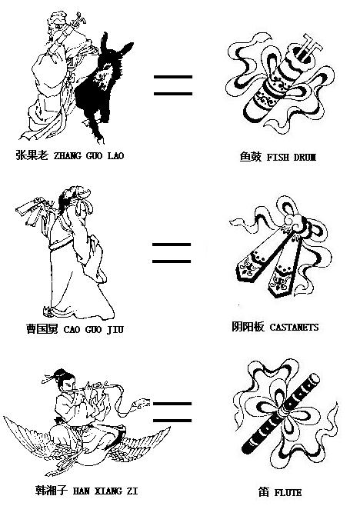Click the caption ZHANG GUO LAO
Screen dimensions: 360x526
[89, 155]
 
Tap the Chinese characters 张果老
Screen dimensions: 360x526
[32, 155]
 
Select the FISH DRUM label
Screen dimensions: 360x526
[292, 157]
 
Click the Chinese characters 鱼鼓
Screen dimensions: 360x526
[250, 157]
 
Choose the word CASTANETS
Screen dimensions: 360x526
[294, 327]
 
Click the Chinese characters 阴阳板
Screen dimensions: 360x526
[248, 326]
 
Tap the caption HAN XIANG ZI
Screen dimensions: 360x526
[105, 491]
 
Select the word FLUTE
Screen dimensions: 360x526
[288, 492]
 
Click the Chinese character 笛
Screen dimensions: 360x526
[264, 492]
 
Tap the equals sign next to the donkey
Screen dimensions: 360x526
[173, 85]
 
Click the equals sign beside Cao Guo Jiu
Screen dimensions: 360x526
[172, 253]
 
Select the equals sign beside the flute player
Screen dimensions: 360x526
[172, 412]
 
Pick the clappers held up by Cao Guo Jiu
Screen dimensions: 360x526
[34, 210]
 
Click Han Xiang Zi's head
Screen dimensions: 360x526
[65, 380]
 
